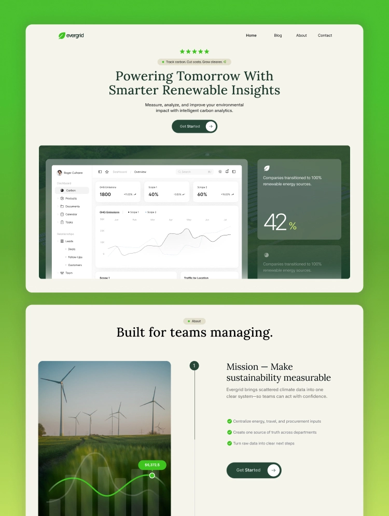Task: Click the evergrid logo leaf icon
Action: (x=61, y=35)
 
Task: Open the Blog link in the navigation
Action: (x=278, y=35)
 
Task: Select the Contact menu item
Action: (x=325, y=35)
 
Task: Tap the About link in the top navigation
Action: (x=301, y=35)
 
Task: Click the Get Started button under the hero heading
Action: (x=195, y=126)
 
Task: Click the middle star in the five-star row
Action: (x=195, y=51)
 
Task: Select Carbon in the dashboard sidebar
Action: (x=71, y=190)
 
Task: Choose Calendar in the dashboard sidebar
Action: (x=71, y=214)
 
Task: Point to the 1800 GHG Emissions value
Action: (x=105, y=194)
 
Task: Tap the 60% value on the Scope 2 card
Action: (x=202, y=194)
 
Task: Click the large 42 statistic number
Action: (x=275, y=222)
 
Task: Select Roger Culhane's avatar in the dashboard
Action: (x=60, y=173)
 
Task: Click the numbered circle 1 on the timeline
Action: (x=195, y=366)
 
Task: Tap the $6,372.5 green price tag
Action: (x=152, y=465)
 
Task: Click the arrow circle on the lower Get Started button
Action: (x=273, y=470)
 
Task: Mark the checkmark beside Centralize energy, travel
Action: (x=229, y=421)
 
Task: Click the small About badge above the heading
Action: (x=195, y=321)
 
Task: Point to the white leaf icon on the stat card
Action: (x=267, y=168)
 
